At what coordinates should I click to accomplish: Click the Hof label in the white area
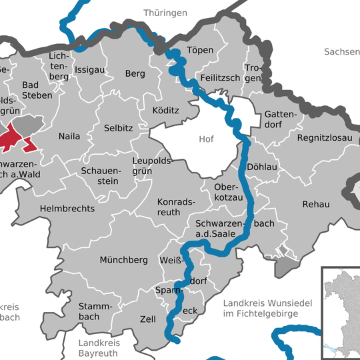pos(207,139)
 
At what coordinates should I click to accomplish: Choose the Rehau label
pos(316,204)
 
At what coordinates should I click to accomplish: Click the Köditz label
pos(166,110)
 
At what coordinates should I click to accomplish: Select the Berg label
pos(135,74)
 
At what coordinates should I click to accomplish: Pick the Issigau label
pos(90,69)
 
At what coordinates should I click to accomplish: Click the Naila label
pos(69,136)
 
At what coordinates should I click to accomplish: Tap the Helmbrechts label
pos(67,209)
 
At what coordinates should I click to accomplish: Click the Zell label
pos(147,319)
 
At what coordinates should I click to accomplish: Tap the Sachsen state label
pos(341,51)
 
